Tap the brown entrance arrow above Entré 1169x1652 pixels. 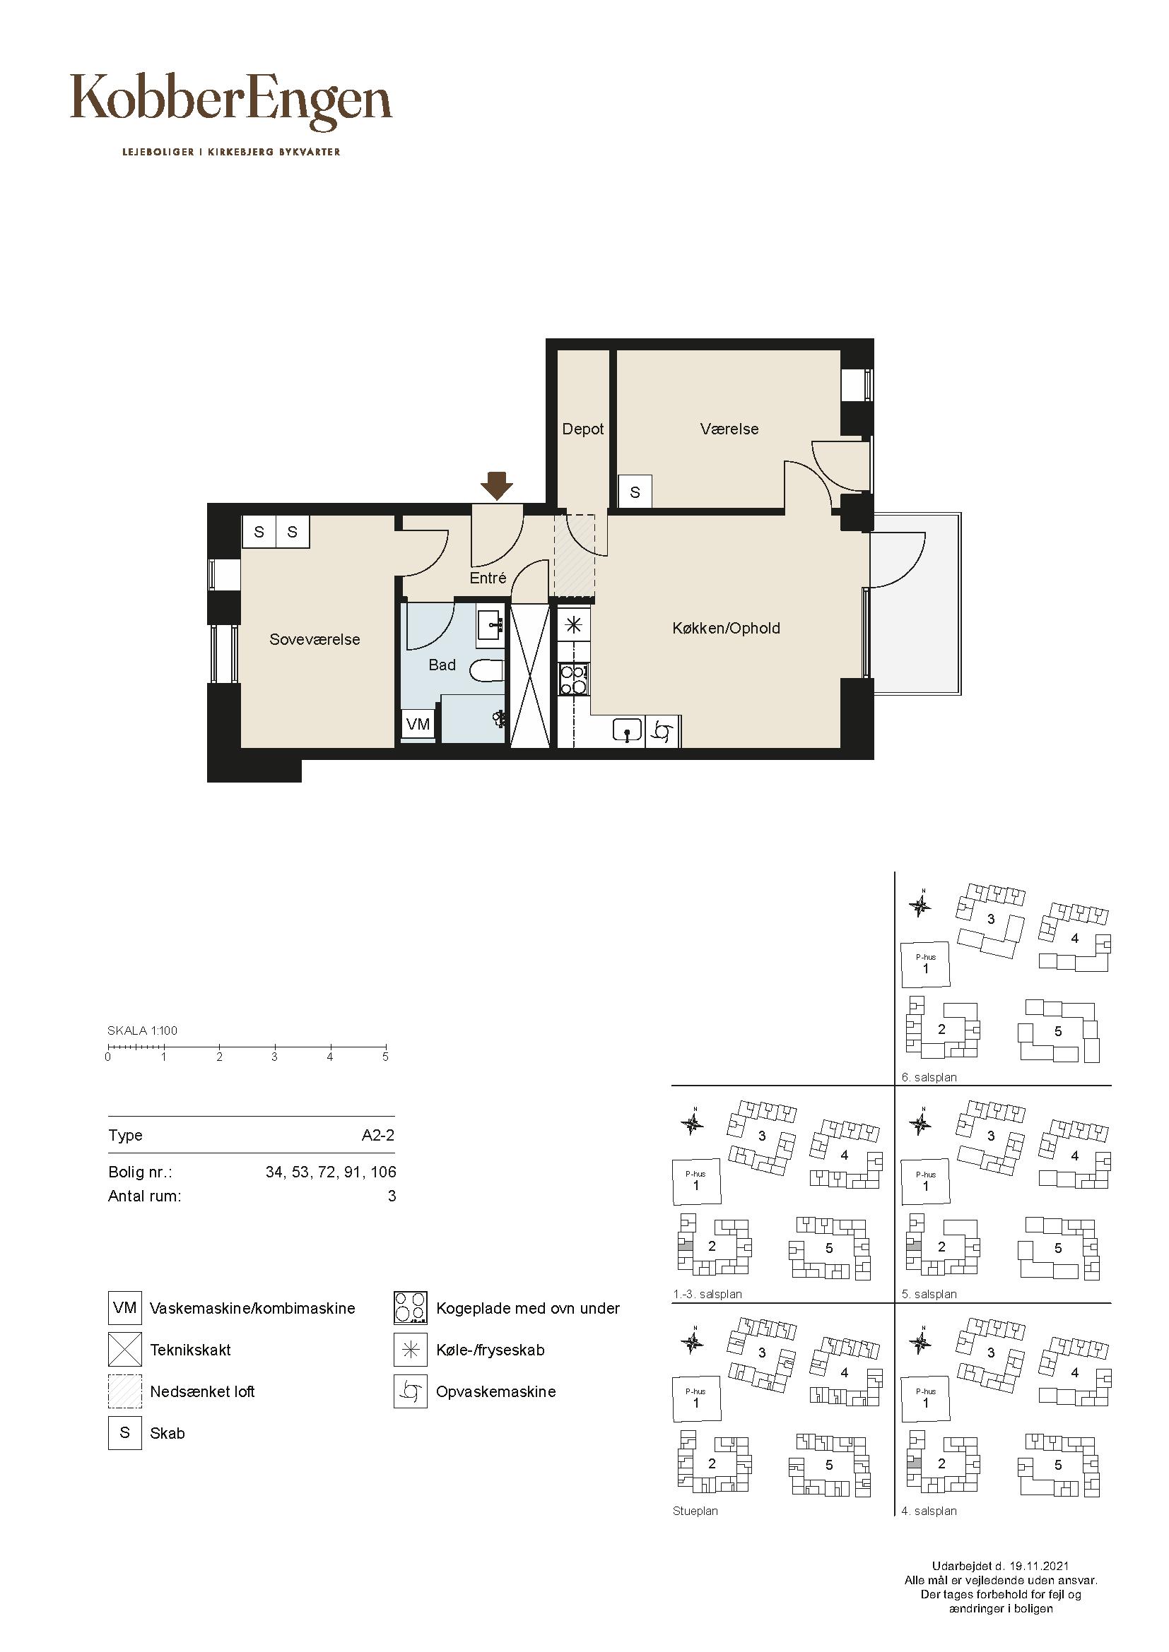tap(497, 486)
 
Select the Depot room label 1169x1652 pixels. tap(583, 429)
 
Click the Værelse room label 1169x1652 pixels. tap(729, 429)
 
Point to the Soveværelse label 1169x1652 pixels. tap(315, 639)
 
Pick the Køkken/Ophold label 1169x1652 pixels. tap(727, 628)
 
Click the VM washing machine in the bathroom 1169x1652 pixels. tap(418, 724)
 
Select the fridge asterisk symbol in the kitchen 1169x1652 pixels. tap(574, 624)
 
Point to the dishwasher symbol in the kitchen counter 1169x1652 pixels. tap(663, 732)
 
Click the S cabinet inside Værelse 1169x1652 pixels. tap(635, 492)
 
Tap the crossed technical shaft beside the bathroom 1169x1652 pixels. tap(530, 675)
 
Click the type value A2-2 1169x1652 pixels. tap(378, 1136)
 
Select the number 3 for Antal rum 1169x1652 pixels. tap(392, 1196)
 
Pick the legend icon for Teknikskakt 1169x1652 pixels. tap(125, 1349)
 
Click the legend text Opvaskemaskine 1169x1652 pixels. tap(496, 1391)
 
